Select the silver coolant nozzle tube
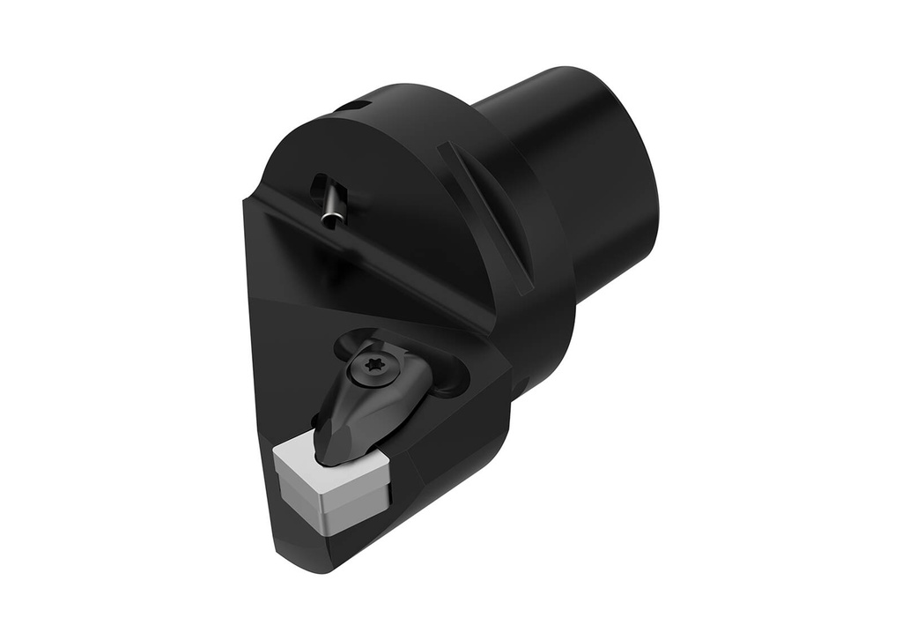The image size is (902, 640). (333, 205)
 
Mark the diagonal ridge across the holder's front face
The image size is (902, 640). (370, 264)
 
